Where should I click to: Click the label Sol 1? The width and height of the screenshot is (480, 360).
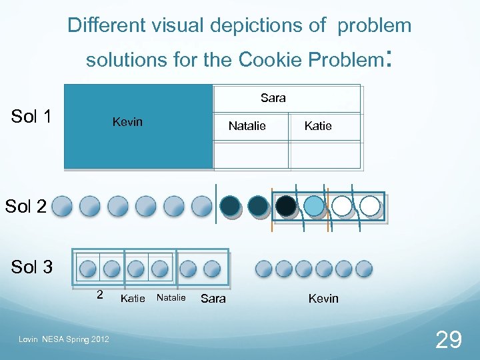[x=31, y=117]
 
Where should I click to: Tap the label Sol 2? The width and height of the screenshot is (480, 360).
[x=25, y=206]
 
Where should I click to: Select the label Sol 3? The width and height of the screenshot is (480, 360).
[x=31, y=267]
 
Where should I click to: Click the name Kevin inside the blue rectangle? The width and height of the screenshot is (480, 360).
[x=127, y=123]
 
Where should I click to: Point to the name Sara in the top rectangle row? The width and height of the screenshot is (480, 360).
[x=273, y=98]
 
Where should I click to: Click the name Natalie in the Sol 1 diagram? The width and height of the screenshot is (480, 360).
[x=247, y=126]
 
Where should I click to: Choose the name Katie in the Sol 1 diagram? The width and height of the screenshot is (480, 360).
[x=317, y=126]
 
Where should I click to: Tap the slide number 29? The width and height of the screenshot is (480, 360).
[x=448, y=341]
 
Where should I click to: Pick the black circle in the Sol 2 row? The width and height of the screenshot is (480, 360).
[x=286, y=205]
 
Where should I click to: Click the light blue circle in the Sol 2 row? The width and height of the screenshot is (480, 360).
[x=313, y=205]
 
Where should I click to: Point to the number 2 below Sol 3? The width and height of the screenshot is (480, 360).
[x=99, y=294]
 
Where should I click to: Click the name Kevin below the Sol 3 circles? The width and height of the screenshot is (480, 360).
[x=323, y=299]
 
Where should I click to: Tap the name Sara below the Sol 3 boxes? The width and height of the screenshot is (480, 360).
[x=213, y=299]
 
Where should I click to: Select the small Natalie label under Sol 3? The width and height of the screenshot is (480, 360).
[x=171, y=298]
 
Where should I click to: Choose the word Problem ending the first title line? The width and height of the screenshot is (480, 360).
[x=375, y=26]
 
